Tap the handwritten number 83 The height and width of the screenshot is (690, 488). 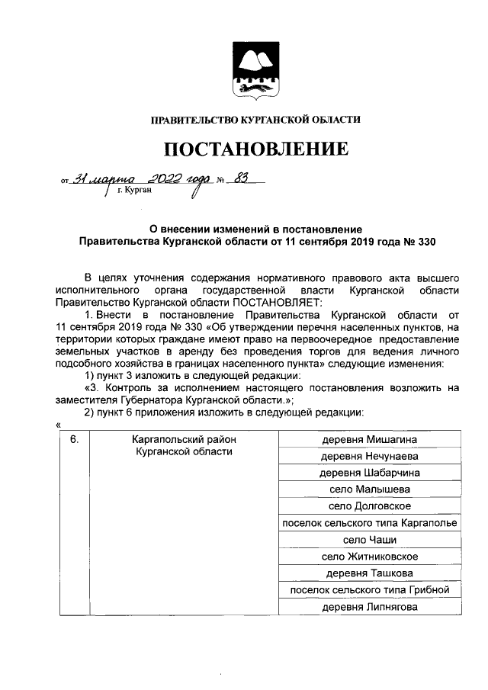[244, 178]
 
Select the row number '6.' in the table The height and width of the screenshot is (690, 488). [74, 441]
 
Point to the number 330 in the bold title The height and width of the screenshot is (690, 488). [428, 241]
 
